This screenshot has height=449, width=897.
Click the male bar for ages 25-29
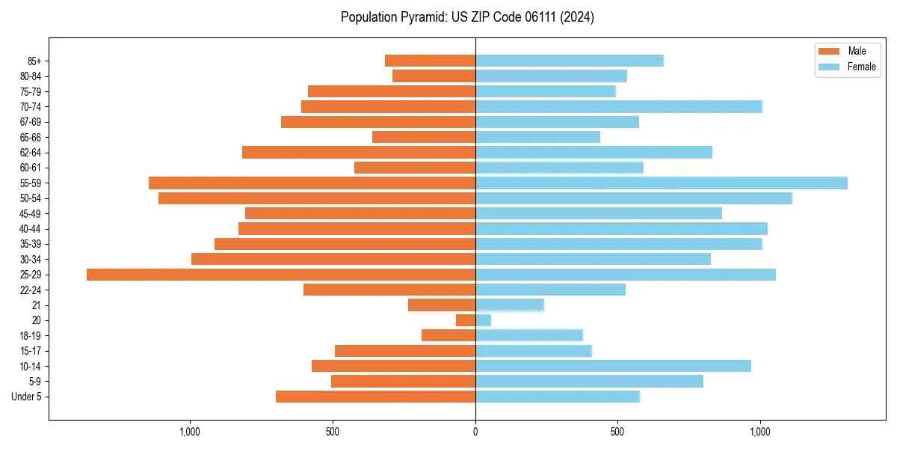tap(281, 275)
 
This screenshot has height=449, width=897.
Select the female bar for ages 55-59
tap(662, 183)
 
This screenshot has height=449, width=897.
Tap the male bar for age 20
tap(466, 320)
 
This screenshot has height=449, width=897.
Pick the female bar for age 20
tap(484, 320)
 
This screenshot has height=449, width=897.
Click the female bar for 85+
tap(570, 61)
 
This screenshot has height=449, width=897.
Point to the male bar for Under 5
tap(375, 397)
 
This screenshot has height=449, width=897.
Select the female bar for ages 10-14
tap(613, 366)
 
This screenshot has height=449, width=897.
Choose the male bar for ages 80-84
tap(434, 76)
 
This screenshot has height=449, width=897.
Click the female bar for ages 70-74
tap(619, 106)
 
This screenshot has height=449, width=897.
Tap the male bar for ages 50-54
tap(317, 198)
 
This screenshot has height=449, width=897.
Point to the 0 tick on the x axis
tap(475, 432)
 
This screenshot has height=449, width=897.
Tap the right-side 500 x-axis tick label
tap(617, 432)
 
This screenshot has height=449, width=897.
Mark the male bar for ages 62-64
tap(359, 152)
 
